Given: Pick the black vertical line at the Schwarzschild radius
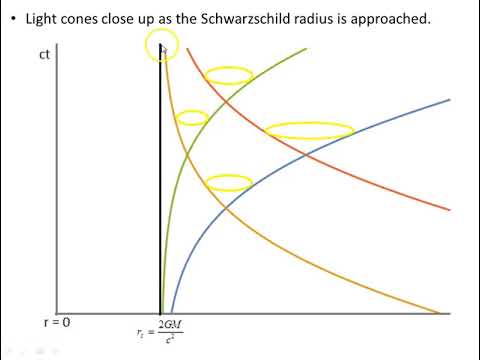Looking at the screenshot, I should pyautogui.click(x=161, y=200).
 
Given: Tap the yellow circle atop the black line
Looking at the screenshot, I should pyautogui.click(x=162, y=44).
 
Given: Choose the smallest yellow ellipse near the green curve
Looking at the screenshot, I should pyautogui.click(x=191, y=118).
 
